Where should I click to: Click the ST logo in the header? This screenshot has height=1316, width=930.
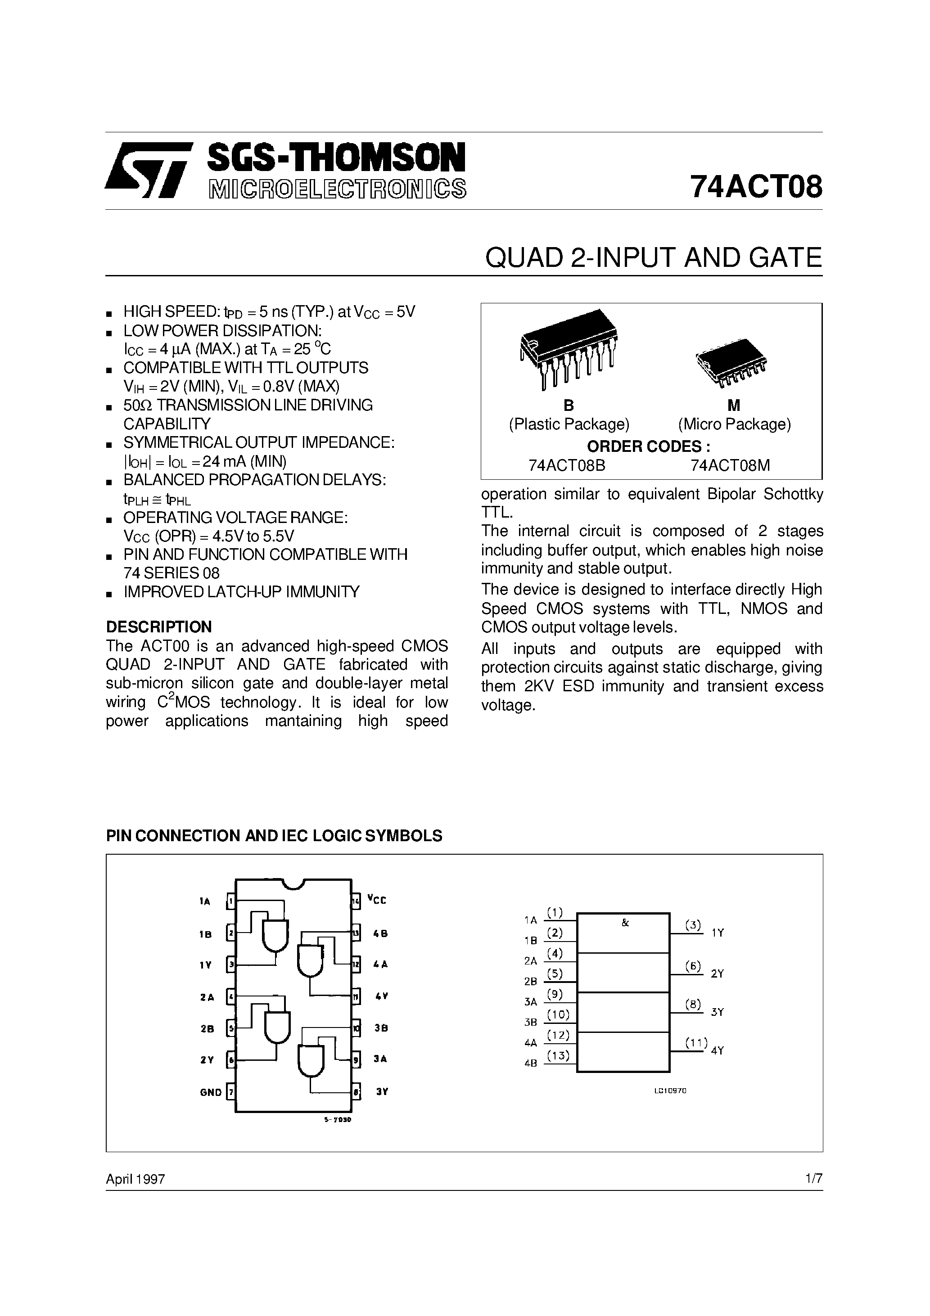click(x=146, y=170)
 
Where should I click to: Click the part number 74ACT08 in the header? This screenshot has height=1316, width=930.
click(x=756, y=186)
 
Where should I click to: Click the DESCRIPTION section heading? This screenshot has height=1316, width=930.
click(x=159, y=626)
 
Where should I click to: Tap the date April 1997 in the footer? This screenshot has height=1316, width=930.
click(x=135, y=1179)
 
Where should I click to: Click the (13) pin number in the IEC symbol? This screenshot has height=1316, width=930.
click(x=558, y=1055)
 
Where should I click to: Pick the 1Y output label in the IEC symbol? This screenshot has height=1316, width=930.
click(x=718, y=933)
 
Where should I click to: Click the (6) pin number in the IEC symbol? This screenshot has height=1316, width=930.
click(x=693, y=966)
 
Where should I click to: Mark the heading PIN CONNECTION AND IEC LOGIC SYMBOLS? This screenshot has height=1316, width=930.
click(x=274, y=836)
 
